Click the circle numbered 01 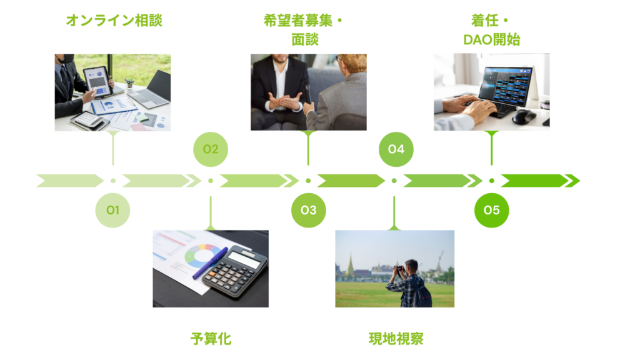pos(112,210)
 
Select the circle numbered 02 pos(211,149)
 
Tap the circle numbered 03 pos(308,210)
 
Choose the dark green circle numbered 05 pos(492,210)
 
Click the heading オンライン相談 pos(113,21)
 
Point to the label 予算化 pos(211,339)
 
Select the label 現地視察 pos(396,339)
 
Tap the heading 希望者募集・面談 pos(304,30)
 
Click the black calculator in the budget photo pos(234,270)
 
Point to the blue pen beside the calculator pos(210,263)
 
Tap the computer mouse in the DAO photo pos(522,116)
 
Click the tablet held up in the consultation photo pos(97,80)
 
